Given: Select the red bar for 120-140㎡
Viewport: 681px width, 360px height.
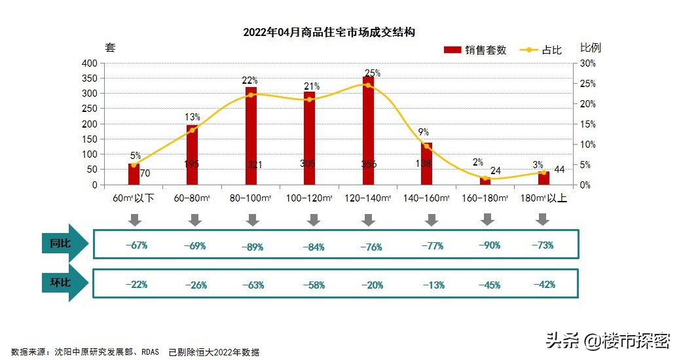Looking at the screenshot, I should [368, 131].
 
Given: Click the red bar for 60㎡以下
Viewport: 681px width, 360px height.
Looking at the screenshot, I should [134, 175].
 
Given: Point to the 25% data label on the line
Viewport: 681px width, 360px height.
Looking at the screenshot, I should [373, 73].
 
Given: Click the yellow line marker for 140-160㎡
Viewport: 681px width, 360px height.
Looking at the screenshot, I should [427, 146].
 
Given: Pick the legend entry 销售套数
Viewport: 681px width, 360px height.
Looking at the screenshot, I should [475, 50].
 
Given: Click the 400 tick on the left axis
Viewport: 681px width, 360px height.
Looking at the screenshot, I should [90, 63].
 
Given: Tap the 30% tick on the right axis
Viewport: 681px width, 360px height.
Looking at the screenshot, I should [587, 63].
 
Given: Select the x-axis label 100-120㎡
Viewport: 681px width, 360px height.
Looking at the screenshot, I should [309, 198].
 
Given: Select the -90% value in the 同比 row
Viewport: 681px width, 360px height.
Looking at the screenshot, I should [489, 245].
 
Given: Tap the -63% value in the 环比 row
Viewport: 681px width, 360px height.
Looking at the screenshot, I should [253, 285].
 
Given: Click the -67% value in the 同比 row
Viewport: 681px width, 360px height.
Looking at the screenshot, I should [136, 245].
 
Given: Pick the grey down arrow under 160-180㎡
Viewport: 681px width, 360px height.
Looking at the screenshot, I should [487, 220].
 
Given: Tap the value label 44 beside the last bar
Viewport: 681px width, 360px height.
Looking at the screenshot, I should [559, 170].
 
